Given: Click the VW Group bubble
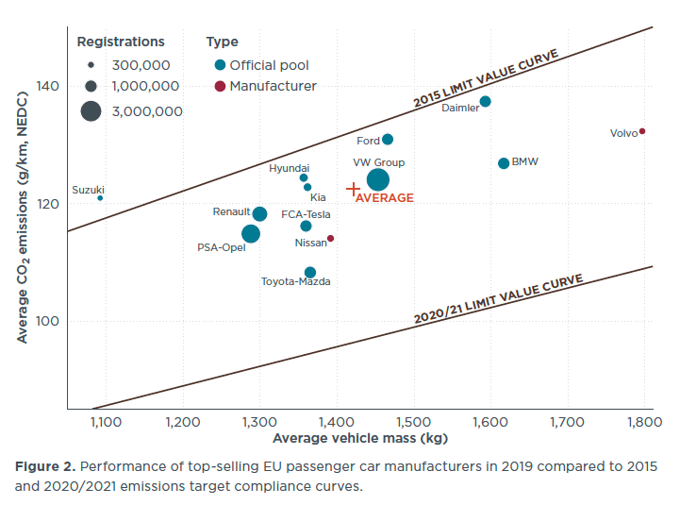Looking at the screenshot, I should click(378, 179).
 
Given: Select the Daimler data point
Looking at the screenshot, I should click(485, 102).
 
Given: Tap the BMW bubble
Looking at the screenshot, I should click(504, 163).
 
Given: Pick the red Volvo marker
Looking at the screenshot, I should click(642, 131).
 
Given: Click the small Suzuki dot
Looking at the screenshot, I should click(100, 198).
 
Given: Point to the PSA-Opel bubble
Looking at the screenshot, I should click(251, 234).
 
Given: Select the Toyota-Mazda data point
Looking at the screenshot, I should click(310, 273).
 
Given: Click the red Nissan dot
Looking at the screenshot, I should click(330, 238).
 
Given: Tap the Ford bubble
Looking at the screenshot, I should click(388, 140).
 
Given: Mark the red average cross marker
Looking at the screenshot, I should click(354, 190).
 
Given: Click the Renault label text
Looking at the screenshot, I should click(231, 212).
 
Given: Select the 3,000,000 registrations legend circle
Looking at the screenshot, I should click(91, 110).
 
